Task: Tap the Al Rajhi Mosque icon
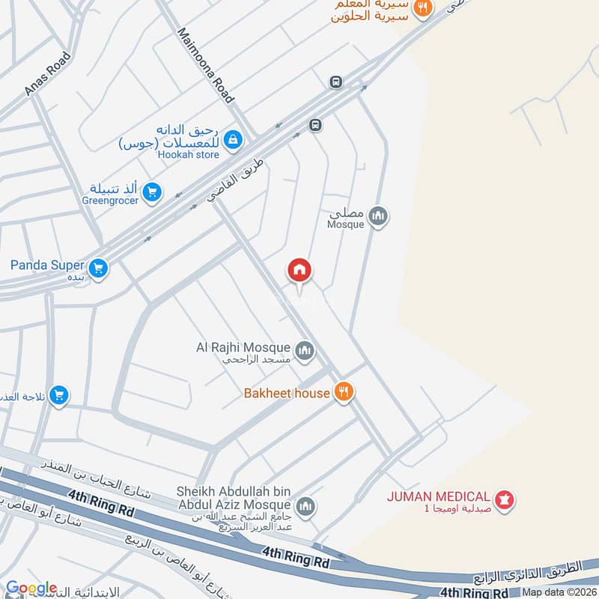click(x=304, y=350)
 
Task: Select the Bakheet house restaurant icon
click(x=344, y=392)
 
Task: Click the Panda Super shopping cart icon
click(x=97, y=267)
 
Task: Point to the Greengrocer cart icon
click(x=152, y=192)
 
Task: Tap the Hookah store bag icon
click(x=234, y=139)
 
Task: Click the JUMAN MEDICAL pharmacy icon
click(x=505, y=498)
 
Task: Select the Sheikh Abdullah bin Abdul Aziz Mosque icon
click(x=304, y=508)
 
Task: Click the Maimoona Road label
click(x=206, y=65)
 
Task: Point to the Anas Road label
click(x=48, y=73)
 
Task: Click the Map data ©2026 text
click(x=559, y=592)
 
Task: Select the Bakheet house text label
click(x=287, y=393)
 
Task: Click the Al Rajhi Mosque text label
click(x=242, y=347)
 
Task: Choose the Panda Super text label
click(x=46, y=264)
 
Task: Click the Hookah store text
click(x=188, y=155)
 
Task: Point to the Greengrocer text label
click(x=110, y=201)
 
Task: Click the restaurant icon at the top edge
click(x=424, y=7)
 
